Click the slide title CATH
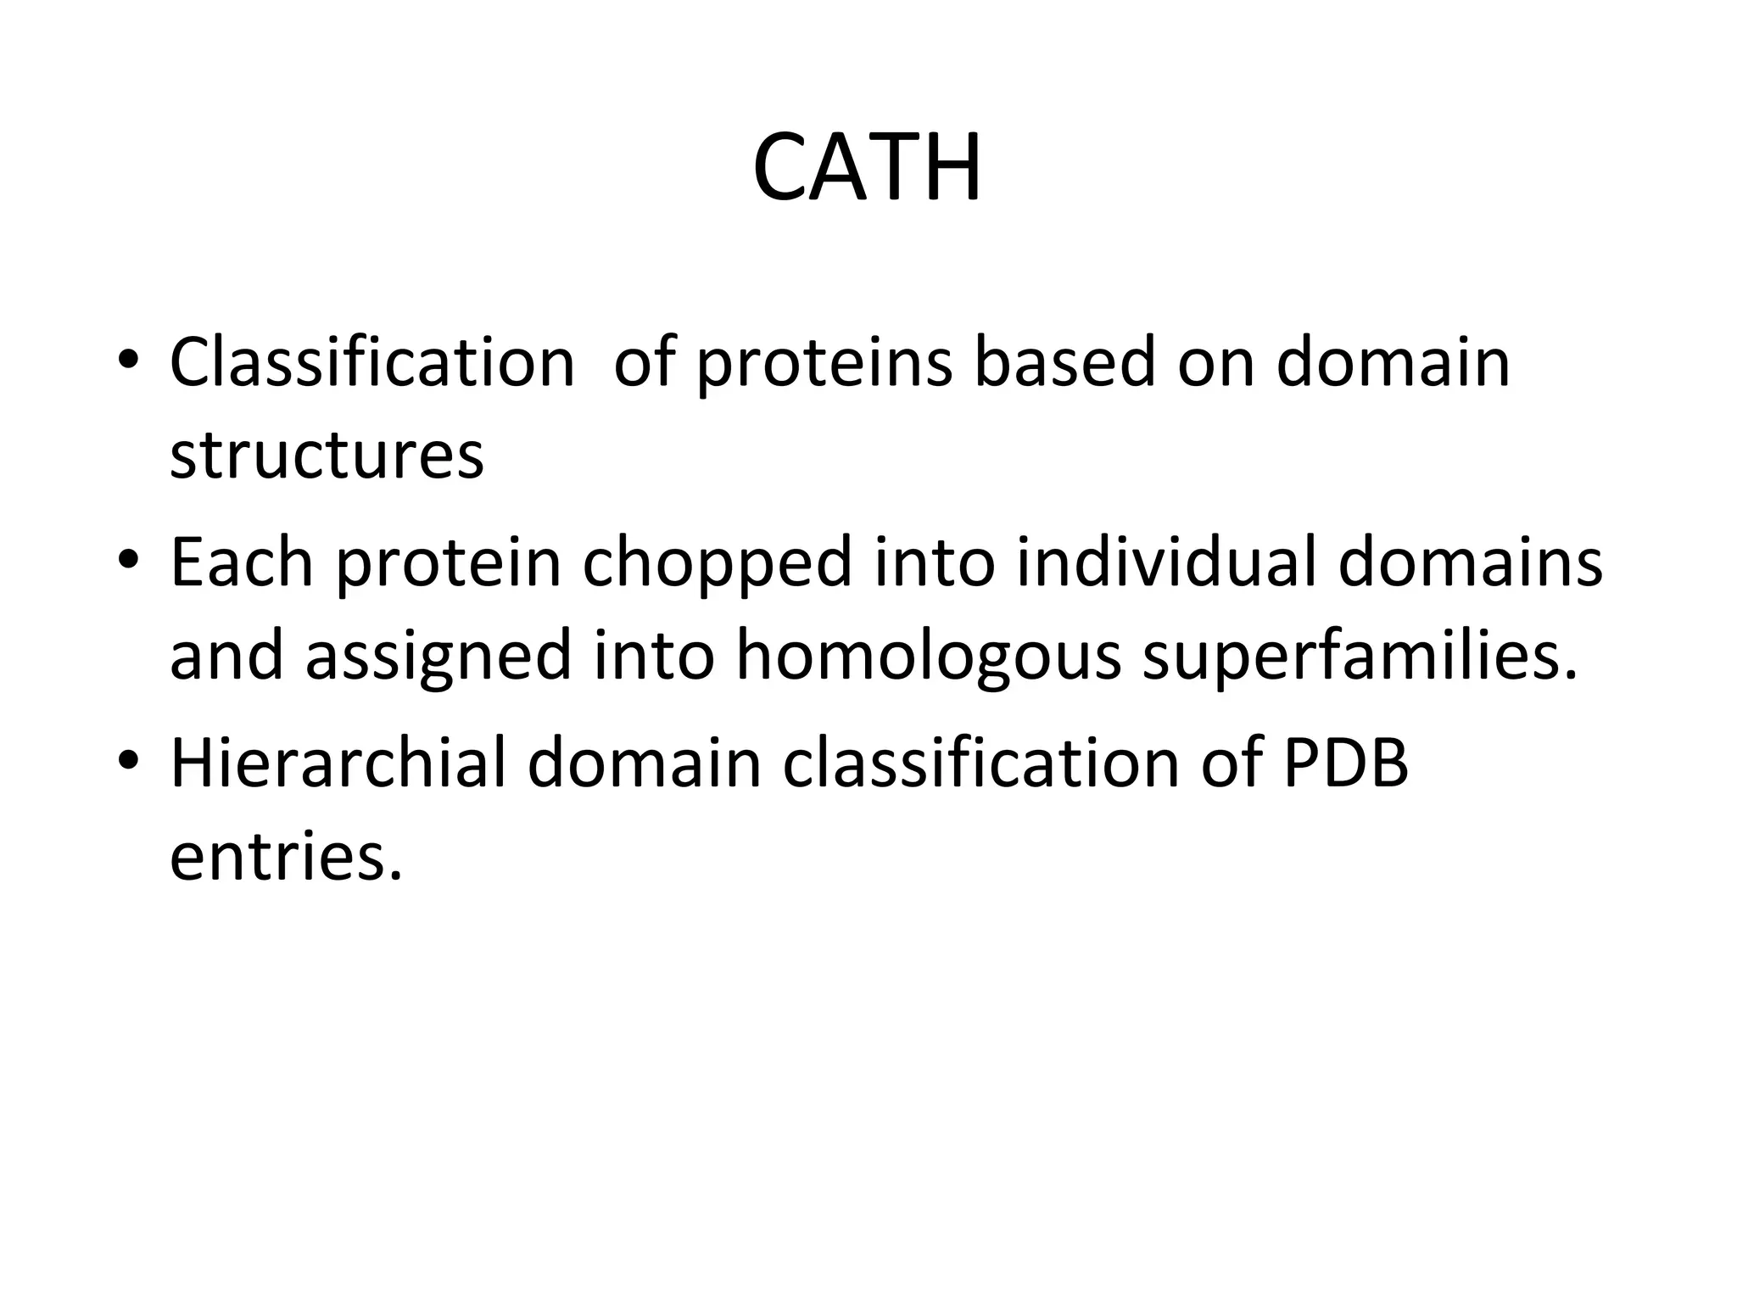pyautogui.click(x=867, y=168)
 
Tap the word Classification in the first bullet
pyautogui.click(x=372, y=362)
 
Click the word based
pyautogui.click(x=1064, y=362)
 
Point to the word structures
pyautogui.click(x=327, y=456)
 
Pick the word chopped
pyautogui.click(x=717, y=565)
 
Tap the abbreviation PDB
pyautogui.click(x=1345, y=763)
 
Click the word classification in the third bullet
pyautogui.click(x=981, y=763)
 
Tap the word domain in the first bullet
pyautogui.click(x=1394, y=362)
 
